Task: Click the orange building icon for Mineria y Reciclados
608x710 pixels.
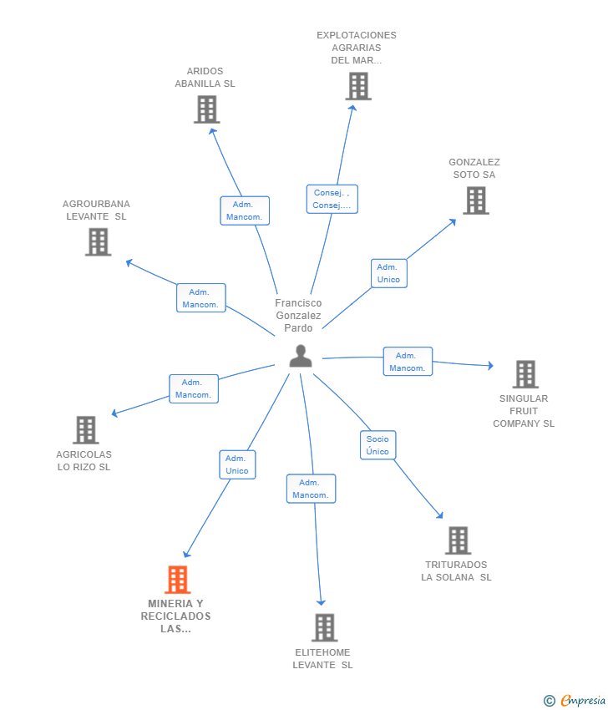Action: [x=177, y=579]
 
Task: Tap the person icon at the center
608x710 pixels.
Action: [x=301, y=356]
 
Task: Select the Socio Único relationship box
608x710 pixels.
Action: [x=378, y=445]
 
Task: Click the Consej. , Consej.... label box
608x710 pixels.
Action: [x=332, y=200]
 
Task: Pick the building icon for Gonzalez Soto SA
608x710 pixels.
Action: [x=476, y=200]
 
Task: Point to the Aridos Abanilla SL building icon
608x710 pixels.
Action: [x=207, y=109]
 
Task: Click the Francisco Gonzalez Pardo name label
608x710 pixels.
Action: [x=298, y=316]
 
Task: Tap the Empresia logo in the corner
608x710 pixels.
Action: [x=575, y=700]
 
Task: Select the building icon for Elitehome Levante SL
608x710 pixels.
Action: [x=325, y=627]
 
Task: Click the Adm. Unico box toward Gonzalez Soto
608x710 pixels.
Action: [x=389, y=273]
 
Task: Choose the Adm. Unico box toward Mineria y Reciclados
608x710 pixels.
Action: [x=237, y=464]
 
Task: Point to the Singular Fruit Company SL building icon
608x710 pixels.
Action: [x=525, y=374]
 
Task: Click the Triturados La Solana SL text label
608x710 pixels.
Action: [x=456, y=571]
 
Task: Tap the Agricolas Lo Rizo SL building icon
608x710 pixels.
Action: [x=86, y=429]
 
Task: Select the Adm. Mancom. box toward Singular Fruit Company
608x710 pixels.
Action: [x=408, y=362]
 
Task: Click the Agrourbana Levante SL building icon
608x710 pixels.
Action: [x=99, y=241]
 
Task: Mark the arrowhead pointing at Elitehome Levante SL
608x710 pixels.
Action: [x=321, y=602]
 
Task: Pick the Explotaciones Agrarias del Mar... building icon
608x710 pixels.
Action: [x=358, y=87]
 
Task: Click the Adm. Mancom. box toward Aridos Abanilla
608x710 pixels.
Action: [x=245, y=210]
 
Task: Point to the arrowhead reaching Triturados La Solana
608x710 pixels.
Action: [x=440, y=515]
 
